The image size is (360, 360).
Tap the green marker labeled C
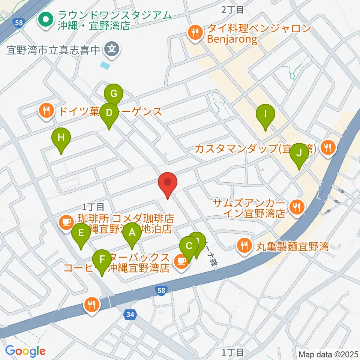point(189,246)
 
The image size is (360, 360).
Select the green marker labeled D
point(109,113)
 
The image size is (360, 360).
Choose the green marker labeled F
point(102,259)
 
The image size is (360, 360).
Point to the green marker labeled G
point(114,93)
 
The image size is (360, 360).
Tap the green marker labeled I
point(265,114)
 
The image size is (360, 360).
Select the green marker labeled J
point(299,153)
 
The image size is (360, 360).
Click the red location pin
point(168,183)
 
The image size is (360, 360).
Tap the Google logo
point(25,351)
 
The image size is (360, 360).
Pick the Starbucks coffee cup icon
point(181,261)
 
